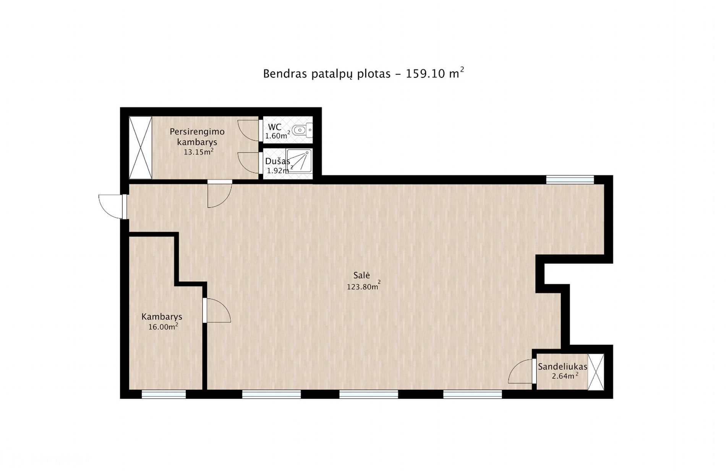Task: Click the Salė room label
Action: click(361, 275)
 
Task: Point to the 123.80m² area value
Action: click(363, 286)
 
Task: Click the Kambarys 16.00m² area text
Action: click(163, 327)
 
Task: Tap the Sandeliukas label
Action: click(562, 367)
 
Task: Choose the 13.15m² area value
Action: click(198, 152)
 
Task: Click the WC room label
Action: click(275, 127)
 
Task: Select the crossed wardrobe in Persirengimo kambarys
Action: click(141, 147)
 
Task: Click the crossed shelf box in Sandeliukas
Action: click(596, 372)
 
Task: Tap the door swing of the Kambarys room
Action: click(218, 310)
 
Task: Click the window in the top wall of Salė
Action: click(570, 179)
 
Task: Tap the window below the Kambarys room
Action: click(164, 394)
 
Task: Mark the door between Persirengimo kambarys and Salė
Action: click(220, 193)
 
